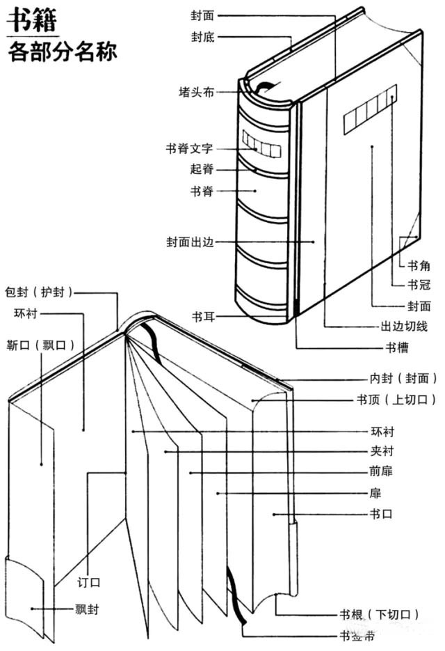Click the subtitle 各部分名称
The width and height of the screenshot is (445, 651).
point(63,53)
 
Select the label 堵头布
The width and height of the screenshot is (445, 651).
point(195,92)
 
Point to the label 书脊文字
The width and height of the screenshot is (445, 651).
point(189,149)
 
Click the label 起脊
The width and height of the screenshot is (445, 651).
point(201,169)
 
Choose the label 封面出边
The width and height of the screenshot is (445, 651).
point(189,242)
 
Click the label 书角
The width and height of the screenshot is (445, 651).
point(419,265)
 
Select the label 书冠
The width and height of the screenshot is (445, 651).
point(419,284)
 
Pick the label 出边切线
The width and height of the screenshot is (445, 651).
point(403,326)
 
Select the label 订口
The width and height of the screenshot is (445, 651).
point(90,581)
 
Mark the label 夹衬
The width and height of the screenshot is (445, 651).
point(382,451)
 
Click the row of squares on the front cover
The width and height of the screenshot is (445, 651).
point(370,109)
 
